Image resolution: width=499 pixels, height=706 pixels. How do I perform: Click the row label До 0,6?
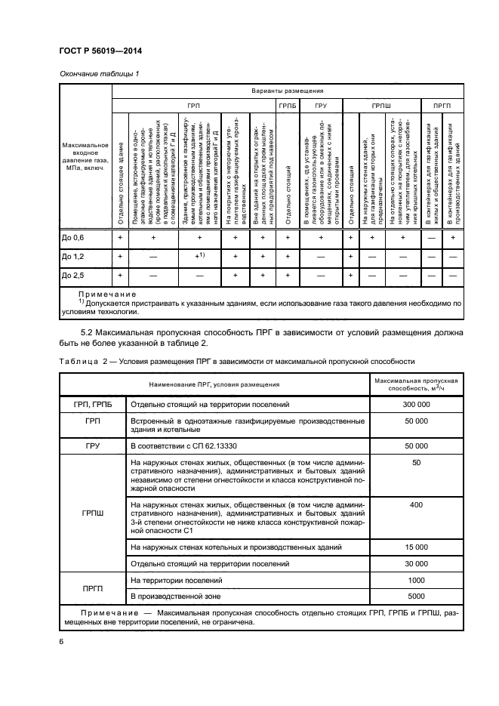click(x=73, y=238)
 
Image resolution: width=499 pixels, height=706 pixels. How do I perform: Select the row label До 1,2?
click(x=73, y=257)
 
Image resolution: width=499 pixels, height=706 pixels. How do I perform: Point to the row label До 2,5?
click(x=73, y=276)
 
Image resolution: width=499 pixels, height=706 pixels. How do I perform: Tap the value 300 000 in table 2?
click(x=417, y=405)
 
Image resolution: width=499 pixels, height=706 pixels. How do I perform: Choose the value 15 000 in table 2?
click(x=417, y=547)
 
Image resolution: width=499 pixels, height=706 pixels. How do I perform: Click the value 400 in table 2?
click(x=417, y=504)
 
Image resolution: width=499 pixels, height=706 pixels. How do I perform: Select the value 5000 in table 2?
click(x=417, y=597)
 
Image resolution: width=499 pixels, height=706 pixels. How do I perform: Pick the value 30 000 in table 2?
click(x=417, y=563)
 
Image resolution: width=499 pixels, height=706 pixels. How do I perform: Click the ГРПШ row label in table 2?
click(x=92, y=513)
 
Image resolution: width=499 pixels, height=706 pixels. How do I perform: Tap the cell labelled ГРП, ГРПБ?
click(x=92, y=405)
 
